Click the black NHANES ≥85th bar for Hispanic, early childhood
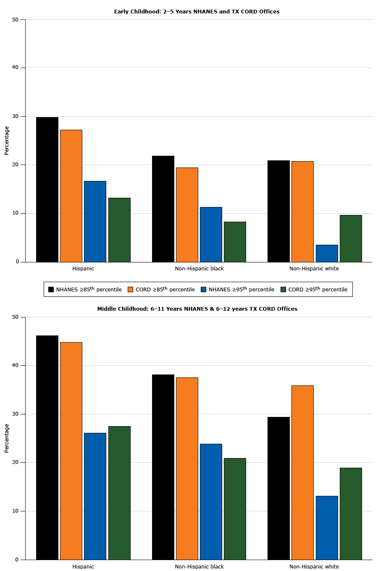point(47,189)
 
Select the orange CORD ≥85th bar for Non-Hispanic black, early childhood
point(187,215)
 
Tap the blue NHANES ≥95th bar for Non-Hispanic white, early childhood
point(327,253)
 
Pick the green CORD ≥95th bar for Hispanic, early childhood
point(119,230)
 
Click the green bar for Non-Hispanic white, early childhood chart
point(351,238)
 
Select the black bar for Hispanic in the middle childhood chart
point(47,448)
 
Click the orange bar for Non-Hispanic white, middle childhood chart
point(302,472)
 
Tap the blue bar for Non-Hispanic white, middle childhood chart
point(327,528)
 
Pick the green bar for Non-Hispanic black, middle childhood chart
point(235,509)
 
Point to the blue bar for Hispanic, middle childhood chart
point(95,496)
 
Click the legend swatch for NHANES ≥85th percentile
point(51,289)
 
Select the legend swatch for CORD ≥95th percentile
point(283,289)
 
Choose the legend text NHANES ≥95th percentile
point(241,289)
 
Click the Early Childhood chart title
point(197,12)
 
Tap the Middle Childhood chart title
point(197,309)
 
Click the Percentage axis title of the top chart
point(7,141)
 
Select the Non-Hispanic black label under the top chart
point(199,269)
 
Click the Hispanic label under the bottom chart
point(83,566)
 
